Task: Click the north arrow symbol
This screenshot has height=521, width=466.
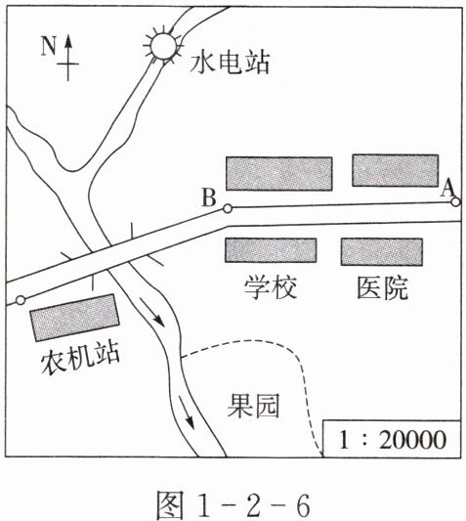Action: (68, 58)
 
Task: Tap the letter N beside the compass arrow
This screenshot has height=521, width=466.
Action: (48, 46)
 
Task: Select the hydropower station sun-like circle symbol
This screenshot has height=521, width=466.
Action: (163, 46)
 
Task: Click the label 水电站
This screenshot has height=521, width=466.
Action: (230, 63)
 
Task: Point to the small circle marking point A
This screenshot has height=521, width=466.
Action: (455, 201)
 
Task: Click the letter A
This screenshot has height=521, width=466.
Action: (447, 189)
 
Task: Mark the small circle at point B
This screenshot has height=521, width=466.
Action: (228, 208)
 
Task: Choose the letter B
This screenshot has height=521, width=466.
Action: (209, 197)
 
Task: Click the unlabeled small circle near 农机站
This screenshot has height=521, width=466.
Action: (21, 300)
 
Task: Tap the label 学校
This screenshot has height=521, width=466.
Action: (270, 286)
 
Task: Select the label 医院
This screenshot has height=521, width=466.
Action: (382, 287)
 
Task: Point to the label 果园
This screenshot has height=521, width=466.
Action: (253, 406)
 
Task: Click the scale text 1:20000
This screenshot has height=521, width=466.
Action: (392, 440)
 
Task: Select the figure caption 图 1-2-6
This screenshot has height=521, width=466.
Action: (233, 505)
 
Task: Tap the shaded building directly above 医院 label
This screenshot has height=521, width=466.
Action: (382, 252)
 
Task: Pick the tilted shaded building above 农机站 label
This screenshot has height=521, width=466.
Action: (74, 318)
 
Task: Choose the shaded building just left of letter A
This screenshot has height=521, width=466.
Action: (396, 170)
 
